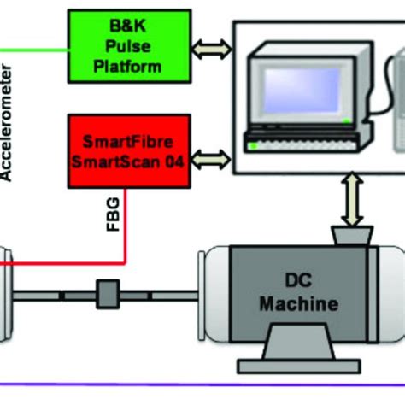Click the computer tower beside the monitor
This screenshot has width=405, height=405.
394,103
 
